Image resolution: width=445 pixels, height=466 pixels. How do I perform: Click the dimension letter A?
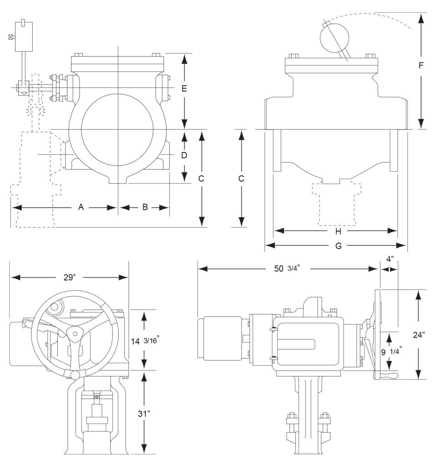(81, 207)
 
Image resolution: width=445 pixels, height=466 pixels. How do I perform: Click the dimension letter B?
(145, 207)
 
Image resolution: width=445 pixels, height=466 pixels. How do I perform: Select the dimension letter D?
(184, 155)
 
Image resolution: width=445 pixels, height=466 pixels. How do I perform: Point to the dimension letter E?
(184, 89)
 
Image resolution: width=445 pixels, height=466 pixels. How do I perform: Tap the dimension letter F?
(421, 65)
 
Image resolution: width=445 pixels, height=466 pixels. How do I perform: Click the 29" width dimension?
(69, 278)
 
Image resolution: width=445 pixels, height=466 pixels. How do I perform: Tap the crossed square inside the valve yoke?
(96, 397)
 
